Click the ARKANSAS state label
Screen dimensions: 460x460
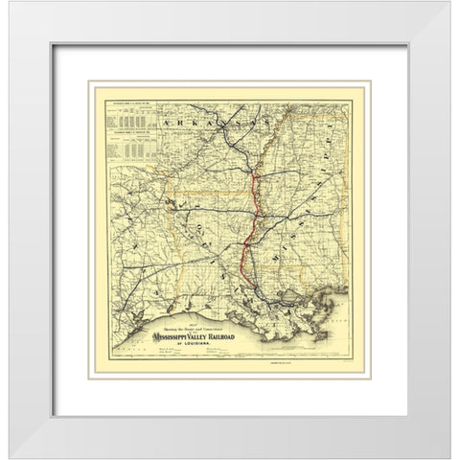click(206, 125)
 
